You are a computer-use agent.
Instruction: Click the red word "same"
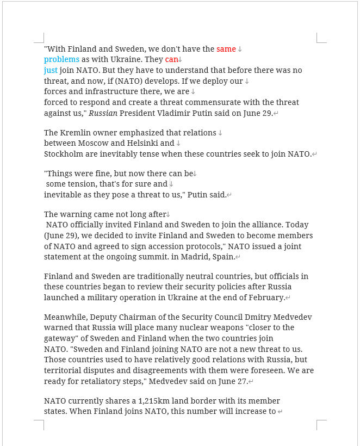coord(226,49)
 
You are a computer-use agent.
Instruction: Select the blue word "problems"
coord(61,59)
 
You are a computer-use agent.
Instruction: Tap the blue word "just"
coord(51,70)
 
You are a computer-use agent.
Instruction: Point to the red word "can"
coord(171,59)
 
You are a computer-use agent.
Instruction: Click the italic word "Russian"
coord(103,113)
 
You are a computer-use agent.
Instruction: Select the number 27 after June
coord(240,381)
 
